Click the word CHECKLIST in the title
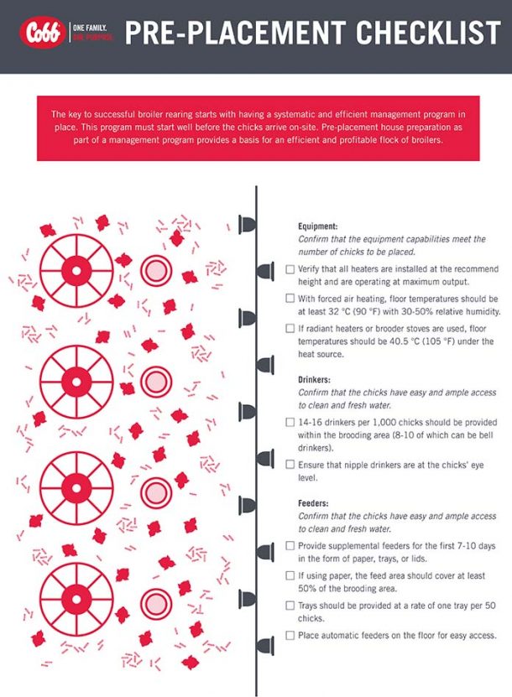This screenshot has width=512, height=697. [x=427, y=34]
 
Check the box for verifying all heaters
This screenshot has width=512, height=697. [x=290, y=269]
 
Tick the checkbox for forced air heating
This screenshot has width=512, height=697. [x=290, y=298]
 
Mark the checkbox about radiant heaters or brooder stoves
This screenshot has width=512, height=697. [x=290, y=327]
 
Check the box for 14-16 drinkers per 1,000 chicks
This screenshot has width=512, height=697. [x=290, y=422]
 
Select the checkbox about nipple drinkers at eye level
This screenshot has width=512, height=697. [x=290, y=464]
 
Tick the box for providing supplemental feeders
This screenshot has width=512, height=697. [x=290, y=546]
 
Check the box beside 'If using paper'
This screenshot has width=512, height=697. [x=290, y=575]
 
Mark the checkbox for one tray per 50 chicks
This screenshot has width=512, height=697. [x=290, y=605]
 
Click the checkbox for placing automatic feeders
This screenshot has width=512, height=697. [x=290, y=635]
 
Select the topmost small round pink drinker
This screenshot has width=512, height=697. [x=155, y=270]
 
